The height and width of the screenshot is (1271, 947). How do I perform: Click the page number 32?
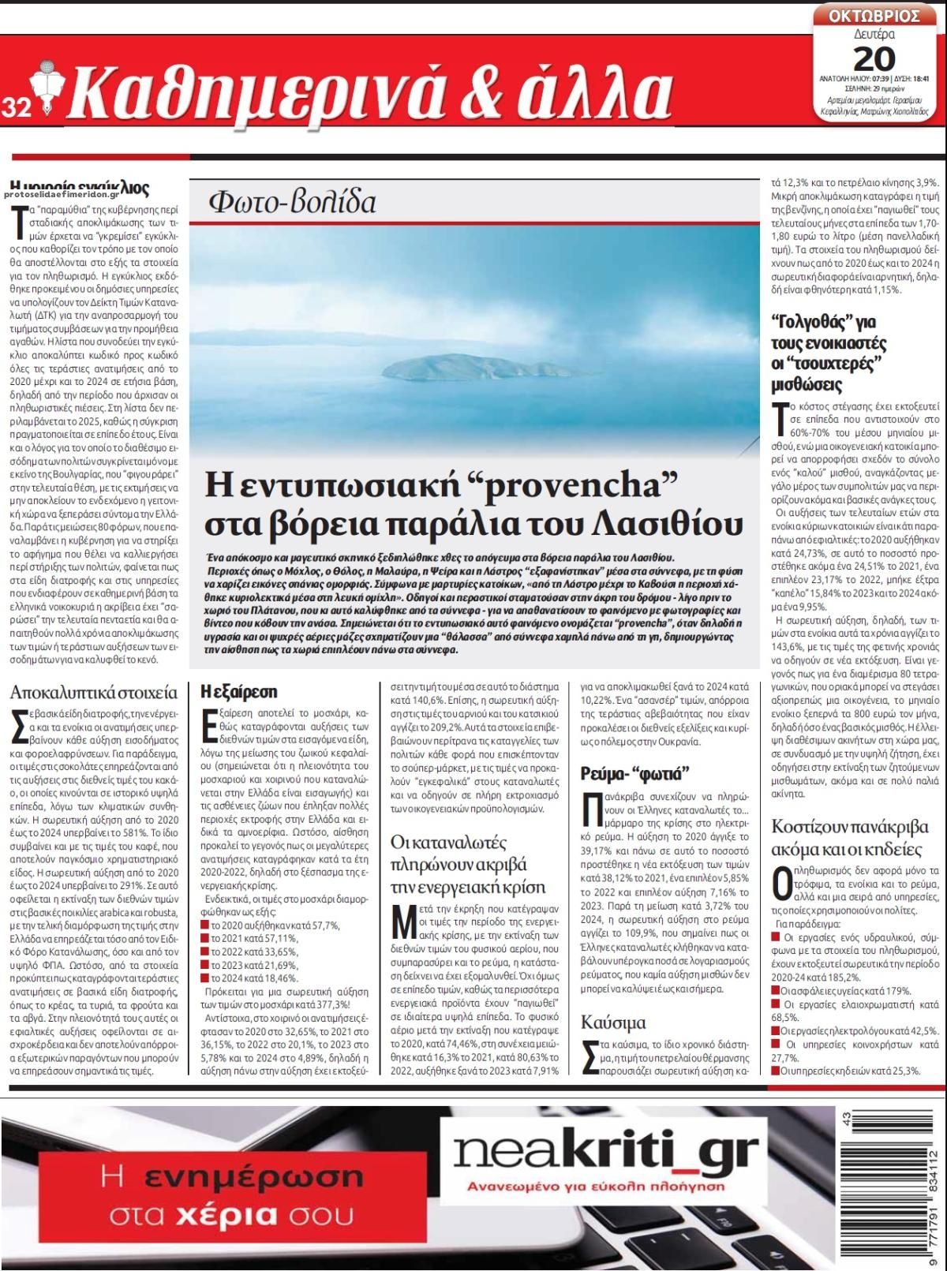(16, 107)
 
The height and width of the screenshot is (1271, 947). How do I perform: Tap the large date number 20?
(874, 58)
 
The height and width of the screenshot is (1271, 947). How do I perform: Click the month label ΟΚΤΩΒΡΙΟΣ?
(874, 15)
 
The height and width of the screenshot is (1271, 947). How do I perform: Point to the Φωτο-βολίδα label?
(292, 203)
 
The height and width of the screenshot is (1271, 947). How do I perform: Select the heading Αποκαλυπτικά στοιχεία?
(94, 693)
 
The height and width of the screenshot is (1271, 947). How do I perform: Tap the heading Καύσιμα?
(613, 1022)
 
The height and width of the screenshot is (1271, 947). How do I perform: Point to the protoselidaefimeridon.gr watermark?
(62, 193)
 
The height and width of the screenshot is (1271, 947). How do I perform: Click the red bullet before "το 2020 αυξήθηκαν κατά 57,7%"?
(205, 925)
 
